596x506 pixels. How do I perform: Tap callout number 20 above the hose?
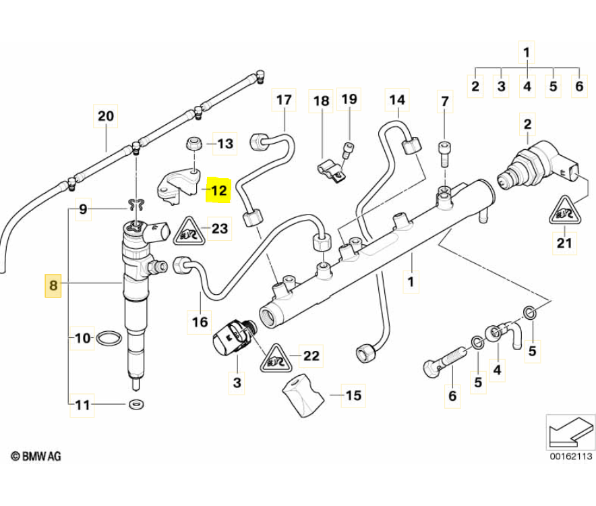click(106, 116)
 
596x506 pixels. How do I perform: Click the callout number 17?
click(285, 101)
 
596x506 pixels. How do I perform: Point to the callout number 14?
click(397, 101)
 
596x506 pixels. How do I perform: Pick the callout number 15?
click(353, 395)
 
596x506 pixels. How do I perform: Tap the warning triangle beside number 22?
click(274, 357)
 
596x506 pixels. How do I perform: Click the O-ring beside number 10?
click(110, 337)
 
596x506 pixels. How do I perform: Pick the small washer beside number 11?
click(136, 405)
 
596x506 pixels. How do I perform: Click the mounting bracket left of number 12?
click(177, 184)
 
